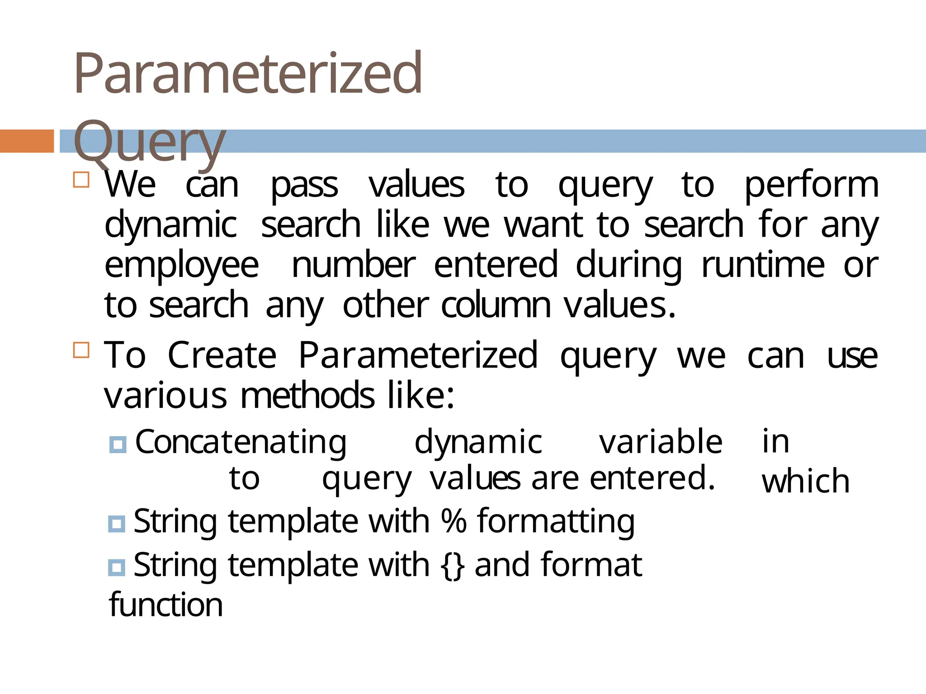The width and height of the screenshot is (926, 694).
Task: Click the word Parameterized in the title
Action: tap(248, 73)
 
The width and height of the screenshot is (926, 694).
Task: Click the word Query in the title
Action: tap(149, 141)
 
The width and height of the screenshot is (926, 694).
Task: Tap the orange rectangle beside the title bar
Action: tap(27, 141)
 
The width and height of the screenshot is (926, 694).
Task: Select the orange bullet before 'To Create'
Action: tap(81, 350)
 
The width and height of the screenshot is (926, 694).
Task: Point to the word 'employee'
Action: tap(182, 266)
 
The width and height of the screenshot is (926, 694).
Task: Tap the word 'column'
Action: tap(496, 305)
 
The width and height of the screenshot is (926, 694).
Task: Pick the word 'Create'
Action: tap(222, 356)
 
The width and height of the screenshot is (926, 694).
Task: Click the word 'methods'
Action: tap(307, 396)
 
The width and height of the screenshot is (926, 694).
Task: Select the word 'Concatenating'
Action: tap(241, 442)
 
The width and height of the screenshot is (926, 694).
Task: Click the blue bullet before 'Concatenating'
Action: tap(118, 445)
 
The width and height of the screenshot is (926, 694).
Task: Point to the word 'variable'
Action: tap(661, 442)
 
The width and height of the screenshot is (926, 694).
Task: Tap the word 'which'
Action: tap(805, 482)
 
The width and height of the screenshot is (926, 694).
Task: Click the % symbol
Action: tap(454, 521)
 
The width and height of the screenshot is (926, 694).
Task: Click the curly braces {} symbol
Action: tap(452, 565)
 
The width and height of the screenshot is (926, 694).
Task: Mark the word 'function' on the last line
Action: tap(166, 605)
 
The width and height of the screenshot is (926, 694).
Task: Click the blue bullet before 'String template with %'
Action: tap(117, 524)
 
